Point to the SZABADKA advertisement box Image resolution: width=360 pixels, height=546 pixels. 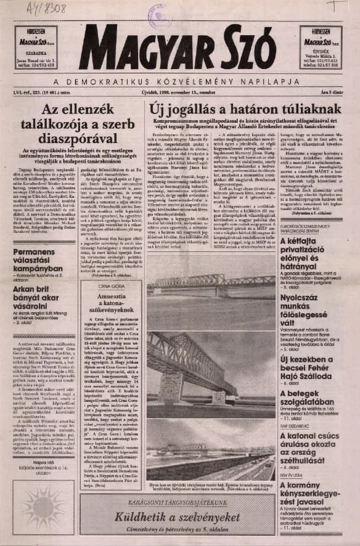pyautogui.click(x=36, y=46)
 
